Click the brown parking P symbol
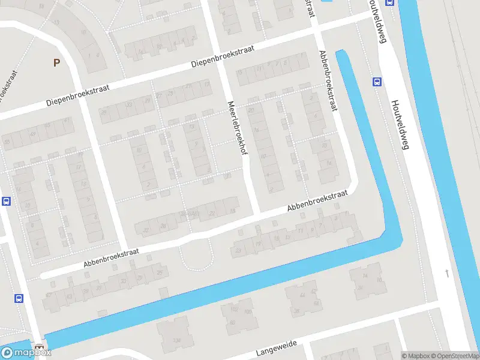point(57,62)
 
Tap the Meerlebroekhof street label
point(238,132)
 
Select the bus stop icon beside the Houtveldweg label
point(377,82)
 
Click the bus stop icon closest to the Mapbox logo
point(19,298)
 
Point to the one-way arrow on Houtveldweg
point(446,274)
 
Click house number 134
point(176,341)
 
